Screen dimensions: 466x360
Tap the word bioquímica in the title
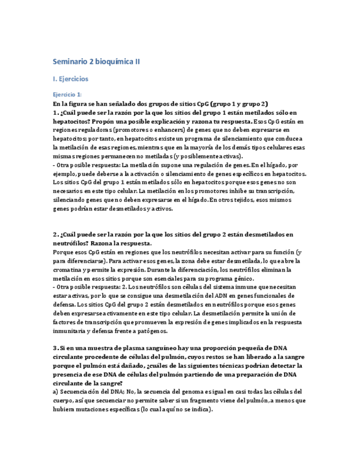pyautogui.click(x=115, y=62)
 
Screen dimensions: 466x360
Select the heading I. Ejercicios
pyautogui.click(x=70, y=79)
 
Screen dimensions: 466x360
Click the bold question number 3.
pyautogui.click(x=55, y=348)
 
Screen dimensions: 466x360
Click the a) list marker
pyautogui.click(x=56, y=392)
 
